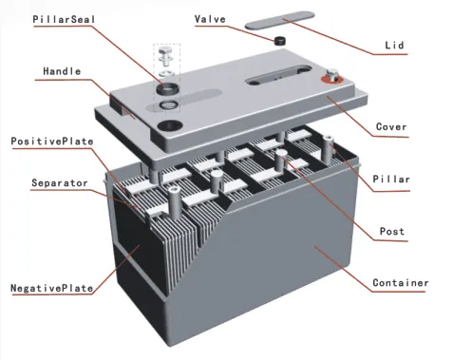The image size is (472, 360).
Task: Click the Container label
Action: tap(399, 282)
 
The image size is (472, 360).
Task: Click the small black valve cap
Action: tap(280, 41)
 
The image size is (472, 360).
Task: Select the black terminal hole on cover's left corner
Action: tap(167, 123)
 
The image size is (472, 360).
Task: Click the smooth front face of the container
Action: tap(285, 275)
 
